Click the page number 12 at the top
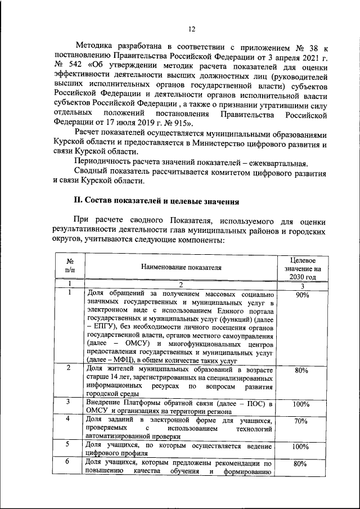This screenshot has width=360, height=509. click(x=191, y=29)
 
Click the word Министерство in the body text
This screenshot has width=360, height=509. click(x=212, y=145)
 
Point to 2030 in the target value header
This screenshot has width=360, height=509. click(x=298, y=277)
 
